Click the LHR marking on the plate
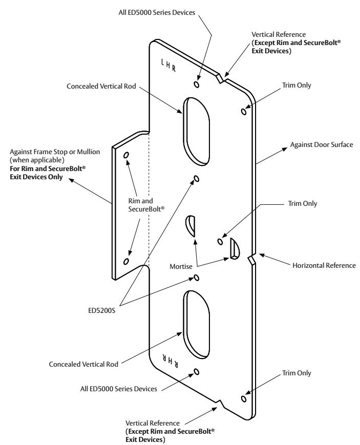point(168,65)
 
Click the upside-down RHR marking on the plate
point(171,361)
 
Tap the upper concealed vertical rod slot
point(196,131)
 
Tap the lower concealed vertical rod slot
point(196,324)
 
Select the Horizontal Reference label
point(324,265)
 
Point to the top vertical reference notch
point(220,78)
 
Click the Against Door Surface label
point(322,144)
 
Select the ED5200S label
point(101,310)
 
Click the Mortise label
point(181,266)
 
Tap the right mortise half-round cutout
point(235,248)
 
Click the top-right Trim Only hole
point(244,112)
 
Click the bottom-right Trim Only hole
point(244,399)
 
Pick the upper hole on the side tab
point(126,155)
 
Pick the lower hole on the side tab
point(126,261)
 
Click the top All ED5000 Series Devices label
point(157,12)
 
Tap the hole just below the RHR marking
point(196,372)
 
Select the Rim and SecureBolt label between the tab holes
point(146,205)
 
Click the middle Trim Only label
point(302,203)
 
